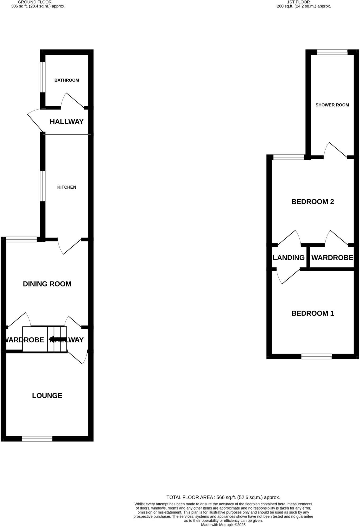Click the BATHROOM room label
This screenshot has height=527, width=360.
pos(66,80)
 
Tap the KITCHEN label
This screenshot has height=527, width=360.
pos(67,187)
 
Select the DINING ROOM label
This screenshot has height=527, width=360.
pos(47,284)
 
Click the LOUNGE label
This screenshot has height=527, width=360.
pos(47,396)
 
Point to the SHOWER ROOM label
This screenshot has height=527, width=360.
pos(332,105)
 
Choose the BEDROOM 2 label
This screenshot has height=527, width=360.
pos(313,202)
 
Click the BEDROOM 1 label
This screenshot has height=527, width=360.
pos(313,313)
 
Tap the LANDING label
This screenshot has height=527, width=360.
pos(289,258)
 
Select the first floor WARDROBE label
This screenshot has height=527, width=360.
pos(332,258)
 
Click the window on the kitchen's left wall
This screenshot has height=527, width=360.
pos(43,186)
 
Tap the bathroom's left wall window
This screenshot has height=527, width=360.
pos(43,77)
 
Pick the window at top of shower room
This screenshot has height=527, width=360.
pos(332,52)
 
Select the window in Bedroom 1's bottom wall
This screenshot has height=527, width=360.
pos(316,357)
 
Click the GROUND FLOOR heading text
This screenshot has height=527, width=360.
pos(35,2)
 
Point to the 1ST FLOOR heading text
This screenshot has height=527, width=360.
pos(298,2)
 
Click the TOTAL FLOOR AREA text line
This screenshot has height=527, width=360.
pos(223,497)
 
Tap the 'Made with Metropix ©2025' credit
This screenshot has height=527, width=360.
pos(223,525)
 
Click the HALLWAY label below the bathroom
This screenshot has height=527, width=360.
pos(67,122)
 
